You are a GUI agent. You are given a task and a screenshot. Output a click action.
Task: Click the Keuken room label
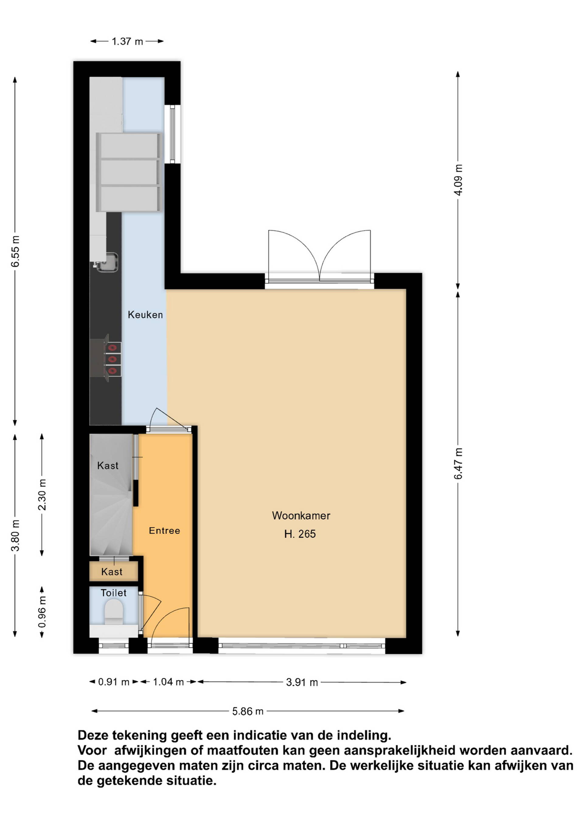click(x=145, y=315)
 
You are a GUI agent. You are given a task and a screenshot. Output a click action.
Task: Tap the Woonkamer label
click(x=301, y=516)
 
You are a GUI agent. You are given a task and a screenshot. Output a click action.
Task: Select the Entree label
click(x=164, y=530)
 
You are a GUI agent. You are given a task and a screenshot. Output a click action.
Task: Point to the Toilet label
click(x=114, y=593)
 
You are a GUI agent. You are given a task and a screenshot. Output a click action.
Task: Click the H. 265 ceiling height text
click(x=300, y=534)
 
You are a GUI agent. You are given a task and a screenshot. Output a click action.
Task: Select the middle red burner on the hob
click(x=113, y=359)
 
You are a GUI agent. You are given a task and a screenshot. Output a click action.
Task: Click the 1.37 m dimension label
click(x=127, y=42)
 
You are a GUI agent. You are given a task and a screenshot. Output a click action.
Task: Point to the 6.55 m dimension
click(x=16, y=251)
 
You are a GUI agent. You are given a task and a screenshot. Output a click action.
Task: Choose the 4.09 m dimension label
click(x=458, y=180)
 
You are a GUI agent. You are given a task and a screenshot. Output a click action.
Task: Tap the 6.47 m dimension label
click(x=458, y=464)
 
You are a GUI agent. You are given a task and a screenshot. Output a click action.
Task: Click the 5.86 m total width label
click(x=248, y=711)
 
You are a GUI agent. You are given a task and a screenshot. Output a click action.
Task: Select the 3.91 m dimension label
click(x=302, y=682)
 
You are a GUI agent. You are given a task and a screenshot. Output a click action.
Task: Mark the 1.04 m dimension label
click(x=168, y=682)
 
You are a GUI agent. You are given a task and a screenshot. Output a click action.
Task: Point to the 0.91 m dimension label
click(x=114, y=682)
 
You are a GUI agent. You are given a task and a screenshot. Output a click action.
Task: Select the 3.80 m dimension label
click(x=16, y=536)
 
